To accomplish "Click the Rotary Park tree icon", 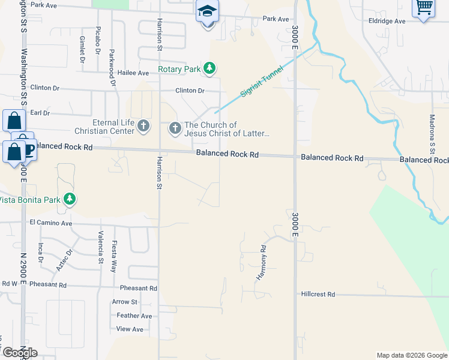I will click(x=209, y=69).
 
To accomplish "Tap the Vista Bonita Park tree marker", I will click(x=70, y=199).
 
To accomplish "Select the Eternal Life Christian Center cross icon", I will click(x=143, y=126).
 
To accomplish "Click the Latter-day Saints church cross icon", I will click(x=175, y=127).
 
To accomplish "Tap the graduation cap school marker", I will click(x=207, y=12).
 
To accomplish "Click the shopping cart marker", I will click(x=424, y=8).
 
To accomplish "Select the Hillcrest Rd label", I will click(x=318, y=295).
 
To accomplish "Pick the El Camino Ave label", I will click(x=50, y=223).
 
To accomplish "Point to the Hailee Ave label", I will click(x=133, y=73).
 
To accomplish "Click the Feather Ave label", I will click(x=134, y=316).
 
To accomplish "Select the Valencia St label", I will click(x=101, y=247).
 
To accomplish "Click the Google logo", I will click(x=19, y=353).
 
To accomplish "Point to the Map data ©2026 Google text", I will click(x=411, y=355).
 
